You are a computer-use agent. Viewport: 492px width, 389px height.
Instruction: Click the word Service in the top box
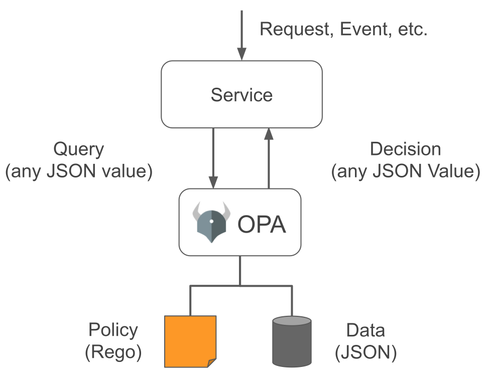click(241, 95)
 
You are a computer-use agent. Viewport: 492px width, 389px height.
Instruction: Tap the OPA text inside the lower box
click(262, 224)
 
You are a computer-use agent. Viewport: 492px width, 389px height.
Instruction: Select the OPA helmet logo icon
click(211, 222)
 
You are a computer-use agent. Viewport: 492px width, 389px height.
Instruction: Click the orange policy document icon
click(190, 341)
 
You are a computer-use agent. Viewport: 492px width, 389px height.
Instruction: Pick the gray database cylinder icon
click(292, 341)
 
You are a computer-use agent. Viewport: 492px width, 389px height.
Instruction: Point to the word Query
click(78, 150)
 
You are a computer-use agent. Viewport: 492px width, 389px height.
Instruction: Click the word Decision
click(406, 149)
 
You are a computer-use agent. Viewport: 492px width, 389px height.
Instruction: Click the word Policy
click(113, 330)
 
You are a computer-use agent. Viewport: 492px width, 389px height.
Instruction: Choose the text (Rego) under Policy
click(113, 352)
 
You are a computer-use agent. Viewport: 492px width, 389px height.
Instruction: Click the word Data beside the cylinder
click(365, 330)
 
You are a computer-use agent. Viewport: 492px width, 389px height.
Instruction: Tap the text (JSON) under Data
click(366, 352)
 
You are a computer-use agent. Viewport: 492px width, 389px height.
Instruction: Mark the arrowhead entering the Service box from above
click(241, 54)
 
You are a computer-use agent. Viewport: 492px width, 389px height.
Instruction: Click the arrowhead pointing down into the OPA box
click(213, 182)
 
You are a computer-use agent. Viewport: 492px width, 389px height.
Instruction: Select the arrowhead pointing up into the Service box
click(269, 134)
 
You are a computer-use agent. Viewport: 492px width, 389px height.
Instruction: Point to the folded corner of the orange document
click(212, 363)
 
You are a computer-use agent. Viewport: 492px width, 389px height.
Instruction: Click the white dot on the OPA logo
click(211, 221)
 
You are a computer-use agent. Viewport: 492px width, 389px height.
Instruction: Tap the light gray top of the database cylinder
click(292, 321)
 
